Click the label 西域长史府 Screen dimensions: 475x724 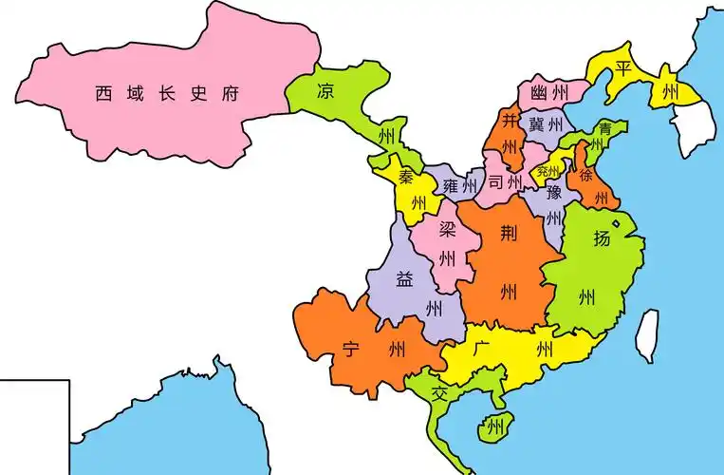coord(165,93)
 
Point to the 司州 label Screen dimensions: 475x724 coord(505,182)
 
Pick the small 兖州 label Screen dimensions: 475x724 coord(548,172)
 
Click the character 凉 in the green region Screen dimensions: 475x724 coord(325,91)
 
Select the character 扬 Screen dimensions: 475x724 coord(602,238)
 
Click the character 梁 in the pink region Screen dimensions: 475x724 coord(446,232)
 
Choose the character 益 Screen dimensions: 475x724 coord(404,279)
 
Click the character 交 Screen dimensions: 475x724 coord(438,392)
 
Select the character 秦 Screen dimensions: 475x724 coord(406,177)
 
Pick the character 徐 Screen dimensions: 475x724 coord(586,176)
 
